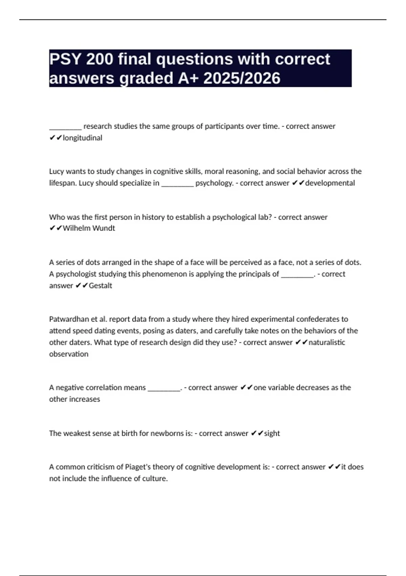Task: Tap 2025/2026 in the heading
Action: [x=242, y=78]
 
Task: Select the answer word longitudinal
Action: [x=82, y=138]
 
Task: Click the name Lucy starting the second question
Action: [x=57, y=171]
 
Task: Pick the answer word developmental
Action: [x=330, y=183]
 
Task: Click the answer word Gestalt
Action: [x=100, y=286]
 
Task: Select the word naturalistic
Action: [x=327, y=342]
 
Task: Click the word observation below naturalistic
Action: [x=69, y=354]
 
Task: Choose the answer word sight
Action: [x=272, y=433]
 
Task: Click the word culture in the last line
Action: [x=156, y=478]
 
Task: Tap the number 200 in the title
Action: [x=99, y=59]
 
